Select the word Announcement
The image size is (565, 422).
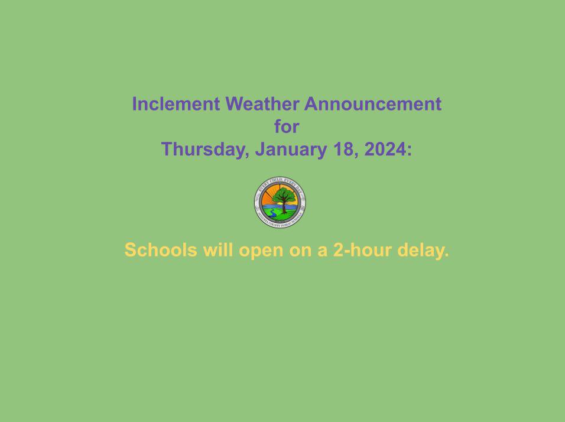pyautogui.click(x=373, y=104)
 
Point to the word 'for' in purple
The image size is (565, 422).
pyautogui.click(x=287, y=126)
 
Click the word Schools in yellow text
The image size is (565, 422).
pyautogui.click(x=161, y=250)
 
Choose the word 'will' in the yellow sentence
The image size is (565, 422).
pyautogui.click(x=219, y=250)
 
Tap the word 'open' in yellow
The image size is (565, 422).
pyautogui.click(x=261, y=251)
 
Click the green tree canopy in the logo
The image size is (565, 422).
pyautogui.click(x=284, y=194)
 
